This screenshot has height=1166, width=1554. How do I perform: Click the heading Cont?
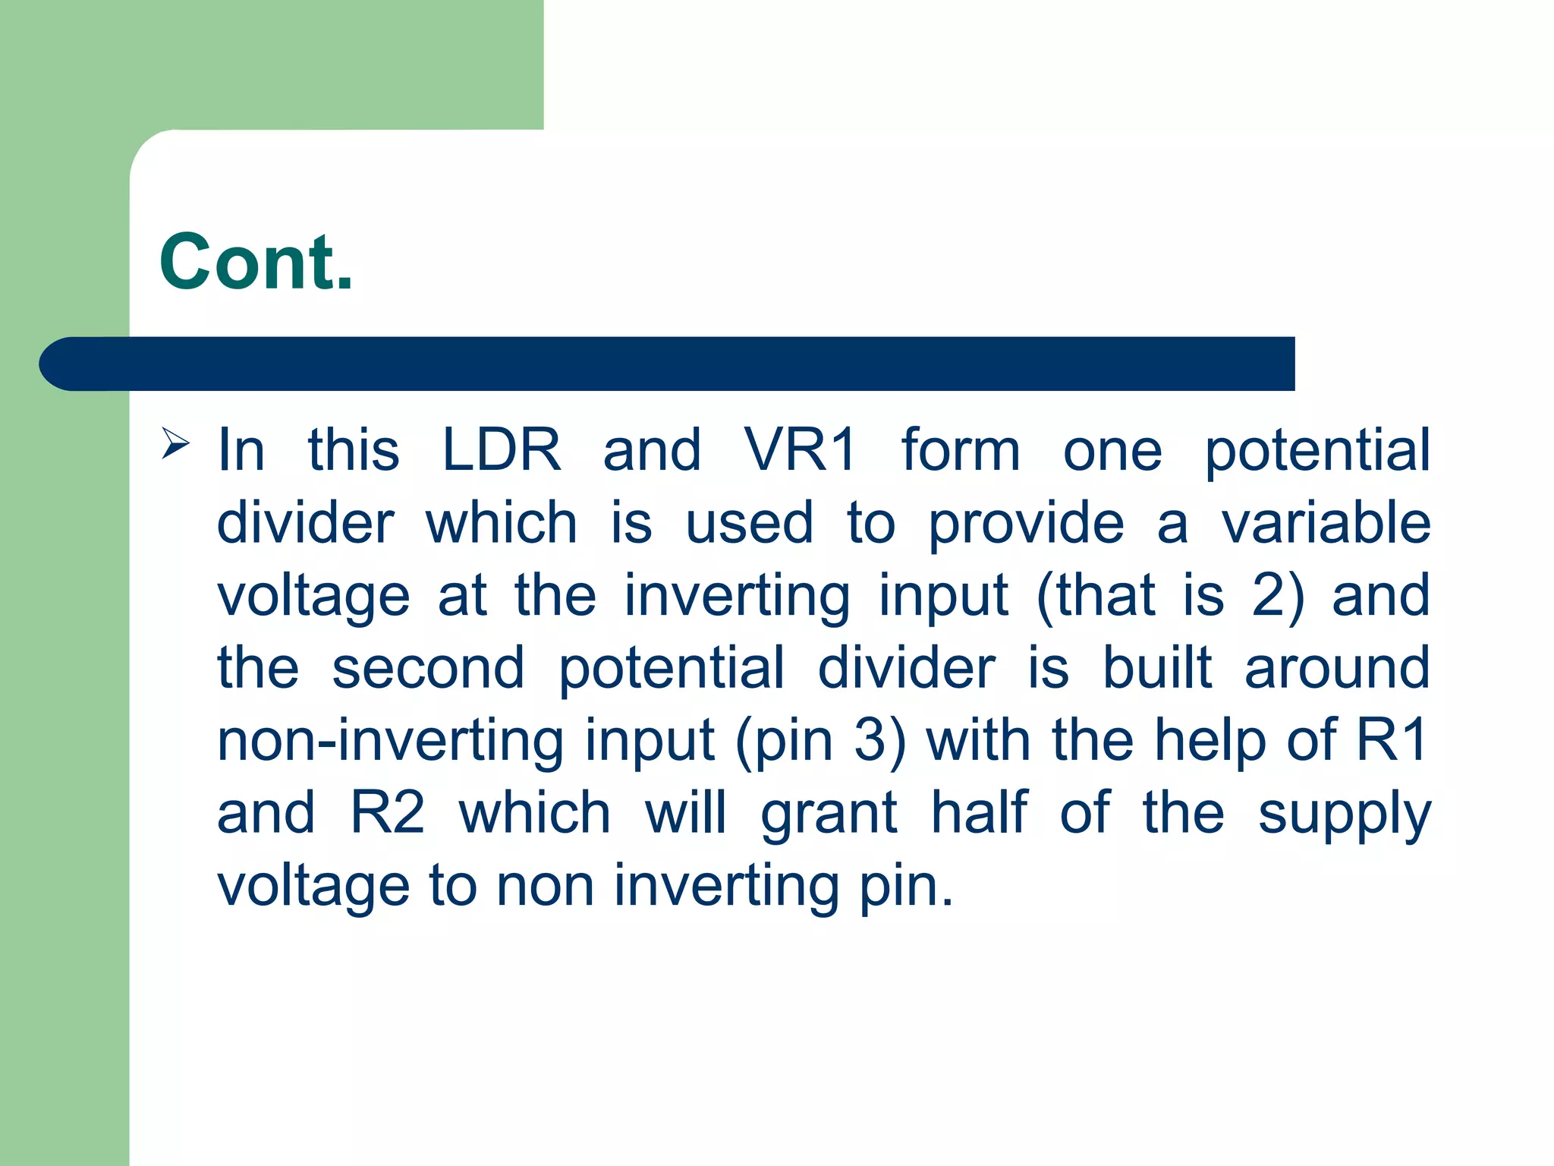(x=256, y=262)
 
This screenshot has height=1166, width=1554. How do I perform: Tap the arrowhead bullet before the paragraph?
(x=175, y=443)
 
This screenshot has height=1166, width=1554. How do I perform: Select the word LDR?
(x=502, y=449)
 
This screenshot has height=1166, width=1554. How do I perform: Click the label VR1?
(x=801, y=449)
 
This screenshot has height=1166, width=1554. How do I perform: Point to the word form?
(x=961, y=449)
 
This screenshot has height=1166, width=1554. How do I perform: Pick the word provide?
(x=1026, y=524)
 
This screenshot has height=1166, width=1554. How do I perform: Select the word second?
(x=428, y=668)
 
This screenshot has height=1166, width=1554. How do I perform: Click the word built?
(x=1156, y=667)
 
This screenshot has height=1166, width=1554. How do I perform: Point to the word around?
(x=1337, y=668)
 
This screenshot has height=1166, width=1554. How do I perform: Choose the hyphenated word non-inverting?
(x=389, y=740)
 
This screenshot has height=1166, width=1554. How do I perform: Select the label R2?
(x=387, y=812)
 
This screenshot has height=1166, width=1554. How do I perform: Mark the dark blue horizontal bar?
(x=668, y=364)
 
